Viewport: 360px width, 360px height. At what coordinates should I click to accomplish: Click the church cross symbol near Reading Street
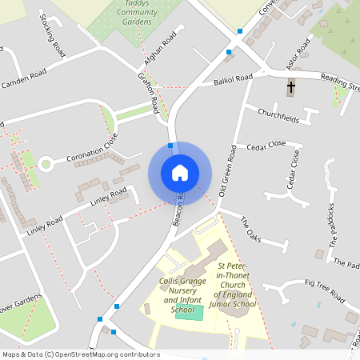pos(291,86)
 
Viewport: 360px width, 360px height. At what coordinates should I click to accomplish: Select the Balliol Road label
pos(234,80)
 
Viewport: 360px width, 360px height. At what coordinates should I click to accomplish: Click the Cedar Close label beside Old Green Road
pos(266,145)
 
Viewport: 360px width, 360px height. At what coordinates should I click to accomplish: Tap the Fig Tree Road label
pos(324,291)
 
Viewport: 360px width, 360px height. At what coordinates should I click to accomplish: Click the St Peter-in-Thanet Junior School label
pos(232,284)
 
